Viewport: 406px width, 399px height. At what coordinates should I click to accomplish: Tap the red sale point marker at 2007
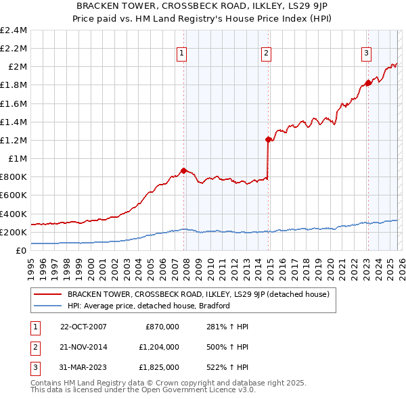click(183, 170)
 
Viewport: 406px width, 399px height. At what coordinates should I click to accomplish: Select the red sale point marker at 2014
click(268, 140)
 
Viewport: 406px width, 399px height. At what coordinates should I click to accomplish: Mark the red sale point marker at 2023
click(368, 83)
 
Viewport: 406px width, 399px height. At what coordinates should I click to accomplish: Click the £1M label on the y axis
click(18, 158)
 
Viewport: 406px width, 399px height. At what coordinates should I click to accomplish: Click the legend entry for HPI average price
click(149, 306)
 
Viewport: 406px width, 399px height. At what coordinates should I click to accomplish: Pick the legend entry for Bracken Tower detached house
click(198, 294)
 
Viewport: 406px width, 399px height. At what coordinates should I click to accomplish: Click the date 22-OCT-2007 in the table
click(83, 327)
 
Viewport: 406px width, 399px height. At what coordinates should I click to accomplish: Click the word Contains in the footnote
click(46, 383)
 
